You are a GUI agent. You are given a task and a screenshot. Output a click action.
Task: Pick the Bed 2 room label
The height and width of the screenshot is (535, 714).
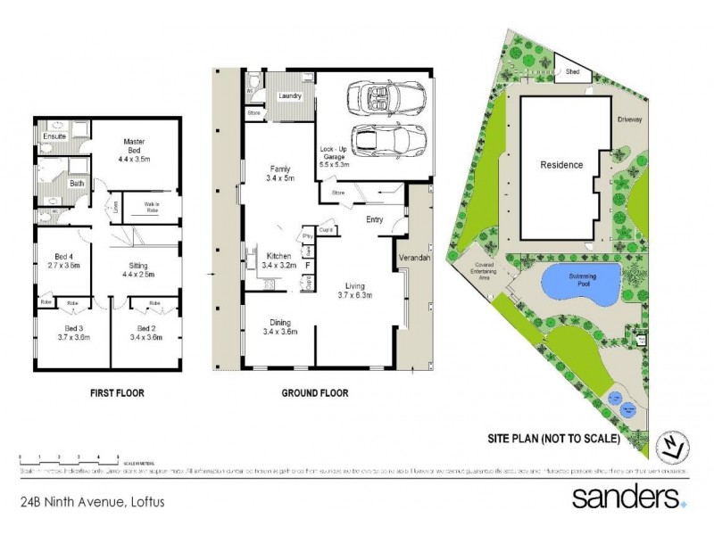pos(145,333)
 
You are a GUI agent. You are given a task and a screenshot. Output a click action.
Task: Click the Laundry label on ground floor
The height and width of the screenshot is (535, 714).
pos(291,96)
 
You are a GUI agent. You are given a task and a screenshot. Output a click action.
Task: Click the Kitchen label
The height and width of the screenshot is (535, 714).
pos(279,260)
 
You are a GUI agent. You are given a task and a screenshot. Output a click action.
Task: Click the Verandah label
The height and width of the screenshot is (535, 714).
pos(414,258)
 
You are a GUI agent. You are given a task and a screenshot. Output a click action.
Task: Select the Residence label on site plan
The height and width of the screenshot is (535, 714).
pos(560,165)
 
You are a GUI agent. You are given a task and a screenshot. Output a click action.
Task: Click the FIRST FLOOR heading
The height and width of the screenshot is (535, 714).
pos(116,392)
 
